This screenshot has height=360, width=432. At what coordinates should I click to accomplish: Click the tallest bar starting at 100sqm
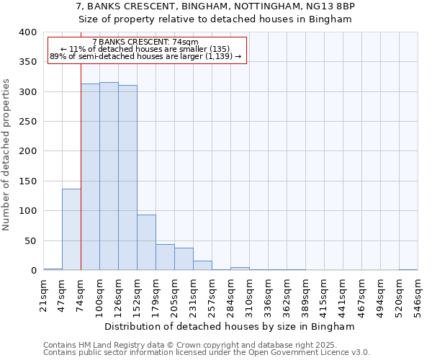coord(109,176)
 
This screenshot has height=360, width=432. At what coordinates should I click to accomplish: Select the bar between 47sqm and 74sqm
coord(71,230)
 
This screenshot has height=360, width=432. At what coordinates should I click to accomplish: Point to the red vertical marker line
coord(81,158)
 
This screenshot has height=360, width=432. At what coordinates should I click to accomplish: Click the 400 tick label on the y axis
coord(27,32)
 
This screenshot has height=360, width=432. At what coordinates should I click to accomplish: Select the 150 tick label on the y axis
coord(27,181)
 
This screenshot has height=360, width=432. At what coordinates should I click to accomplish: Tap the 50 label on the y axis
coord(30,240)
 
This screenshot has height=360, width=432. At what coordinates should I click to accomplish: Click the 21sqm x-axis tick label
coord(44,296)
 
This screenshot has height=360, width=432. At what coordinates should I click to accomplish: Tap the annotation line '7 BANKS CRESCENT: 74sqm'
coord(146,42)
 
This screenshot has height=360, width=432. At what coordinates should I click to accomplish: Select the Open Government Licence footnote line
coord(207,353)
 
